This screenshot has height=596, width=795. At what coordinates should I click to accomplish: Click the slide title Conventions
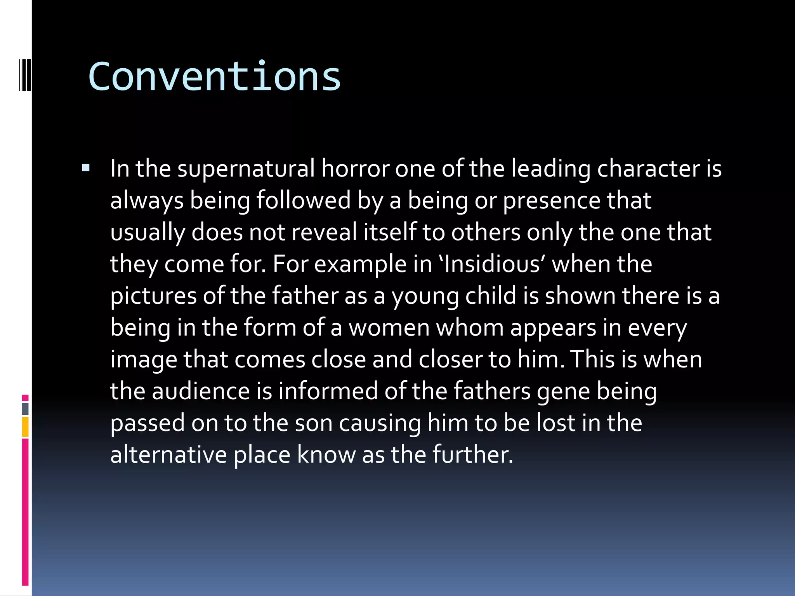(x=214, y=76)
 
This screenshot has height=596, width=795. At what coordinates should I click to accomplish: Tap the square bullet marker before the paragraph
(x=86, y=168)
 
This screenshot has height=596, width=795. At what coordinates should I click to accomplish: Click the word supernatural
(x=246, y=169)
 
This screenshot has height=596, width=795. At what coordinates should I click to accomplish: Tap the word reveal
(x=324, y=232)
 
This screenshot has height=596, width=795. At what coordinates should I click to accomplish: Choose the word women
(x=389, y=328)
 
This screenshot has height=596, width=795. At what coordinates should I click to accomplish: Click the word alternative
(x=168, y=455)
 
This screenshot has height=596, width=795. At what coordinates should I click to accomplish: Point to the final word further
(x=472, y=455)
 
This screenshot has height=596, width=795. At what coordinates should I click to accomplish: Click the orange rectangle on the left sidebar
(x=25, y=426)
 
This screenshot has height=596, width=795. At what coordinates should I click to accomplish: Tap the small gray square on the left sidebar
(x=25, y=409)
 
